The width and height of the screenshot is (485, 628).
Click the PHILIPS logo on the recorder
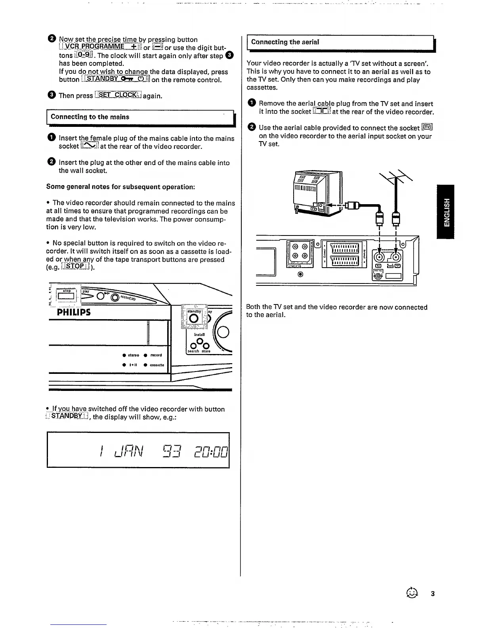[x=74, y=312]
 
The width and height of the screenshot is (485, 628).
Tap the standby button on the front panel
[x=194, y=319]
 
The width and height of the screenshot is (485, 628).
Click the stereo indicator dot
[x=124, y=355]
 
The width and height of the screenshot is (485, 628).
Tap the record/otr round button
[x=115, y=297]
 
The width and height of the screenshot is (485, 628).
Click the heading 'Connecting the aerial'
[x=285, y=42]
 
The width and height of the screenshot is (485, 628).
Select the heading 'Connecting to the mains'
[x=90, y=117]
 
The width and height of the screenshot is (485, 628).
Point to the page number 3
[x=433, y=594]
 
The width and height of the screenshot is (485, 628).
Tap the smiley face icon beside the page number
[x=412, y=593]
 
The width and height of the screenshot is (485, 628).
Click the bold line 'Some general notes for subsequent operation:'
[x=120, y=187]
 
